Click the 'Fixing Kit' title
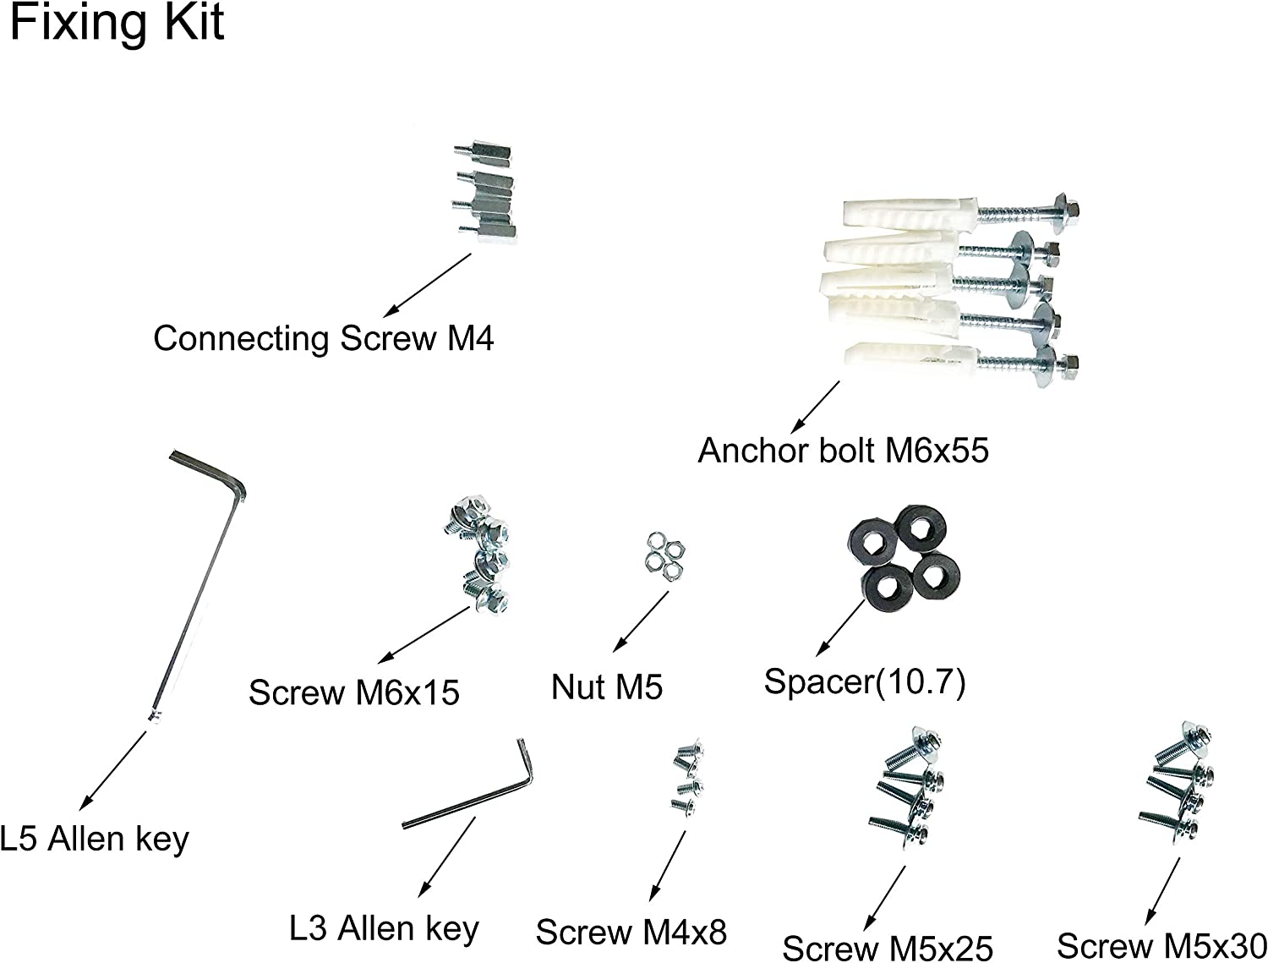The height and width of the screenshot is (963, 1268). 117,23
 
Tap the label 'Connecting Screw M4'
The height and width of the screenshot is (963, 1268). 323,339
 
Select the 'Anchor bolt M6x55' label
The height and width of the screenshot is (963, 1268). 843,451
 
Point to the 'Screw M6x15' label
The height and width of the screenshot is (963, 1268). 353,692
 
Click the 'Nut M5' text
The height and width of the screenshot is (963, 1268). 606,687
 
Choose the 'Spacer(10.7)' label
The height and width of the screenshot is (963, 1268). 864,681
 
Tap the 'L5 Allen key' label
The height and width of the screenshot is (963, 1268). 94,840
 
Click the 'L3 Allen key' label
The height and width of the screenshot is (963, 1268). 384,929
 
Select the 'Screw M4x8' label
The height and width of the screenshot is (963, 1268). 631,933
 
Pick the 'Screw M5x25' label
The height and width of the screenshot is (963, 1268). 887,948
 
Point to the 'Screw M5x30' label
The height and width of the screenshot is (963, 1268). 1161,945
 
